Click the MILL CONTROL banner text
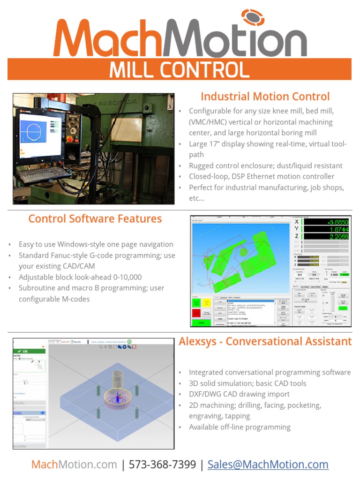tap(180, 70)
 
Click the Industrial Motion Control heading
tap(265, 97)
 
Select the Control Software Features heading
tap(95, 219)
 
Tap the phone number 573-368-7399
tap(162, 465)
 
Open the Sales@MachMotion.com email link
tap(268, 465)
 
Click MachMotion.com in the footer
tap(74, 465)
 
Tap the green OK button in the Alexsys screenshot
tap(29, 351)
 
